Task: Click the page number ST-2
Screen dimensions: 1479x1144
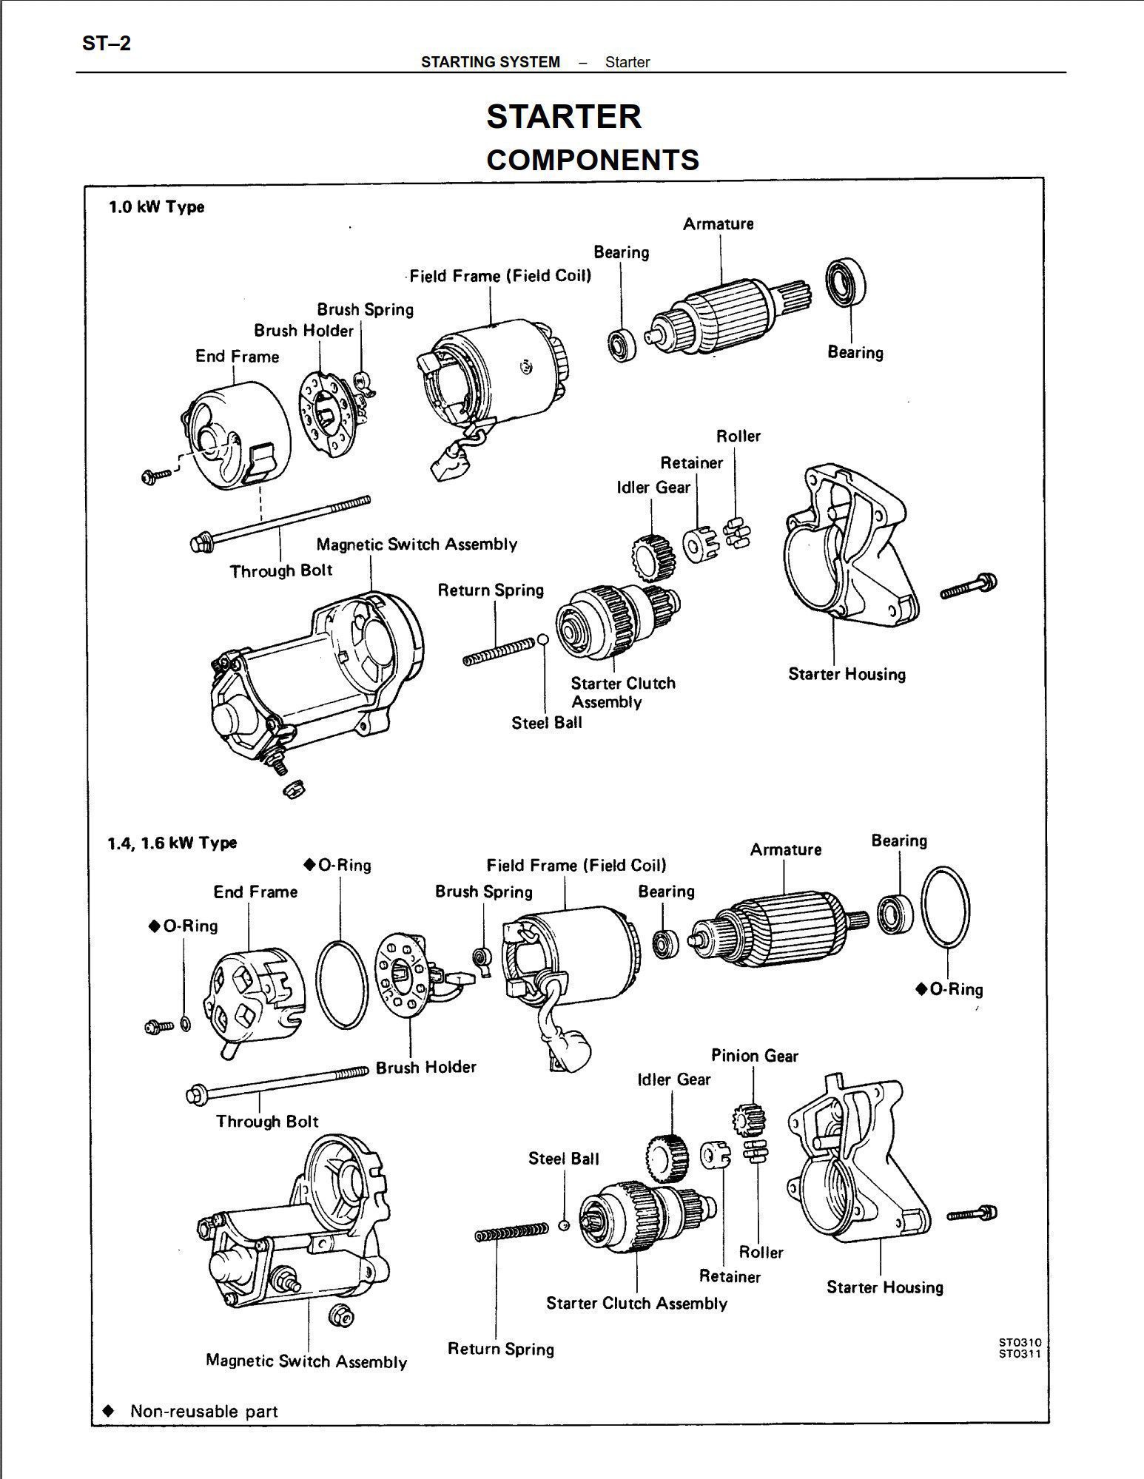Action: [106, 44]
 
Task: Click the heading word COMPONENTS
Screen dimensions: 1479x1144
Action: [592, 160]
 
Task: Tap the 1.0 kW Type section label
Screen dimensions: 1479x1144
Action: [156, 207]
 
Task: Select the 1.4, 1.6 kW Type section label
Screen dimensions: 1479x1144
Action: [172, 843]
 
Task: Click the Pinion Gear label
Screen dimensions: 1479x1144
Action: [754, 1056]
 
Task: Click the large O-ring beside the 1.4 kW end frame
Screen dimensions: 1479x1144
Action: [342, 984]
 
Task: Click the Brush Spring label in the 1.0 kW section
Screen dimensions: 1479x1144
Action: [365, 309]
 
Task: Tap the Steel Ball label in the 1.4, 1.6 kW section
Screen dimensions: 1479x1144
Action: [563, 1159]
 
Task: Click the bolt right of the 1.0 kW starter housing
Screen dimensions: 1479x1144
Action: [969, 586]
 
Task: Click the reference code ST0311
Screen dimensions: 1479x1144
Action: [1019, 1354]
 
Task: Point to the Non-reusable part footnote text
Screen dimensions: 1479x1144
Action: [203, 1411]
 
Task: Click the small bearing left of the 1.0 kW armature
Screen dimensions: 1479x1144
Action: [620, 344]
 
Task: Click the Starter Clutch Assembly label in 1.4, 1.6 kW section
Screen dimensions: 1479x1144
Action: [636, 1303]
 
